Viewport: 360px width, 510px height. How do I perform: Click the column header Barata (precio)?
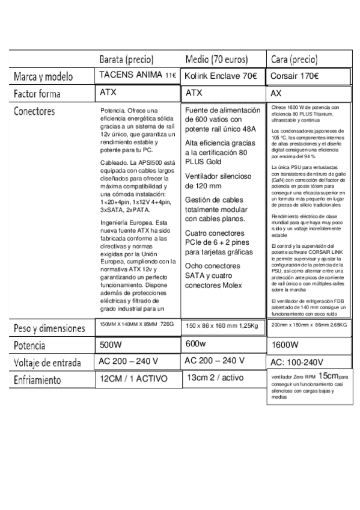(127, 60)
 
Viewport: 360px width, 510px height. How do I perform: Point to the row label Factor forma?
(39, 94)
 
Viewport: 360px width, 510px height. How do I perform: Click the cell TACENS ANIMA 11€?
(138, 75)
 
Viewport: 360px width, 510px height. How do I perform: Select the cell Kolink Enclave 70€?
(221, 76)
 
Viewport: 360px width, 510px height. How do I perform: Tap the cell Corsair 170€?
(294, 76)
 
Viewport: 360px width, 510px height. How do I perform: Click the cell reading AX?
(276, 94)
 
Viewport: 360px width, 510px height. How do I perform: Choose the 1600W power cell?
(285, 345)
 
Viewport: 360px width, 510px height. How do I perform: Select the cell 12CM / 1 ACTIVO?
(133, 379)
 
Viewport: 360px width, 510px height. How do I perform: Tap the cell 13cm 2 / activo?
(215, 378)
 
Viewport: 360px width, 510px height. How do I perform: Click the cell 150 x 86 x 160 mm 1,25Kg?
(222, 325)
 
